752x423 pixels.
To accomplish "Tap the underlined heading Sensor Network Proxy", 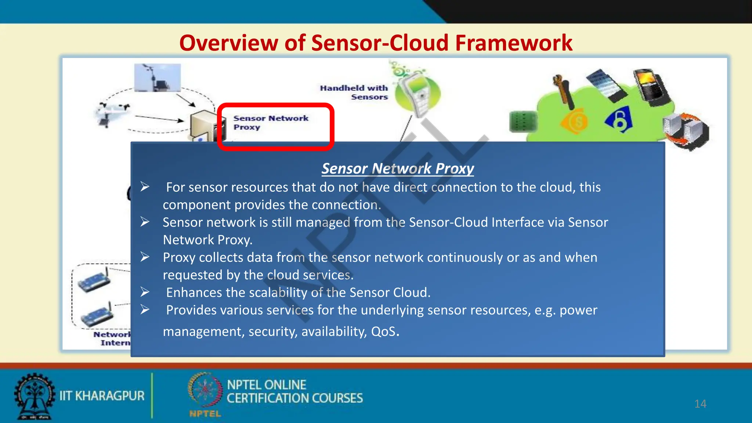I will (x=398, y=169).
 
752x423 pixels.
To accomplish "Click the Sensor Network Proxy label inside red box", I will (x=271, y=123).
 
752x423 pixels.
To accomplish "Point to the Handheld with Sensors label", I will (x=354, y=92).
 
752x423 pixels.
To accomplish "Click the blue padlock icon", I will (x=619, y=120).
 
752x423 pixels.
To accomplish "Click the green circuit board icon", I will (x=524, y=122).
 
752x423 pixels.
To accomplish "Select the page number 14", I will (x=700, y=404).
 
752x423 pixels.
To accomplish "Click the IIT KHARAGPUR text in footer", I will (x=102, y=396).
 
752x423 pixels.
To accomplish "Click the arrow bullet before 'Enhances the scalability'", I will (x=145, y=292).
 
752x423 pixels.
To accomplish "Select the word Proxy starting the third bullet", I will (x=179, y=258).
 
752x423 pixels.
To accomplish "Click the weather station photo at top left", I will (x=157, y=78).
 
